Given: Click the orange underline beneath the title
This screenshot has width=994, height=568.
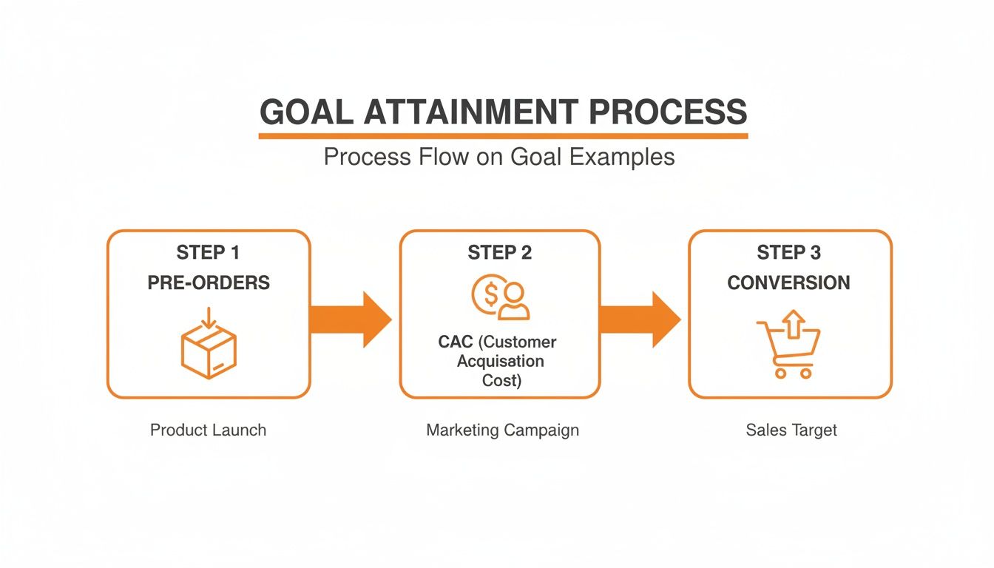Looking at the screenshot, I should [x=503, y=136].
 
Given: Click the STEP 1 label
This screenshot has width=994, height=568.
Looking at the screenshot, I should [x=208, y=253].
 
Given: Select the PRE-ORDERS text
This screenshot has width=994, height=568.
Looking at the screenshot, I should [x=209, y=283].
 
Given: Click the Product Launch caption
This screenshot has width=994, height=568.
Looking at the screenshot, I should [x=208, y=430].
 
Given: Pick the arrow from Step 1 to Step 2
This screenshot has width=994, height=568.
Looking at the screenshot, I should [x=351, y=319].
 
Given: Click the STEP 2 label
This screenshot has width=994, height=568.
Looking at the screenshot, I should [x=499, y=253].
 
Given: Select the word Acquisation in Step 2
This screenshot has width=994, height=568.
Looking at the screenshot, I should [x=501, y=362].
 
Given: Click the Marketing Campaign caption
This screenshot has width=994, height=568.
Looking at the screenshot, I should [x=502, y=430].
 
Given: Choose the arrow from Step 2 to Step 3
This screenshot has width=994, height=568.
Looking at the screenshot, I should [x=640, y=319].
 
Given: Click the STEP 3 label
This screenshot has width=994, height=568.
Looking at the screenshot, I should [x=788, y=253].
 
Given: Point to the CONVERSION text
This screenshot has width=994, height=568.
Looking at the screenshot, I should [x=788, y=283].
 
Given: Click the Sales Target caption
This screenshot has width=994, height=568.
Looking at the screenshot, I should [x=791, y=430].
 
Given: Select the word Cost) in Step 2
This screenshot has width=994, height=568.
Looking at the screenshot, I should [x=501, y=381].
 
